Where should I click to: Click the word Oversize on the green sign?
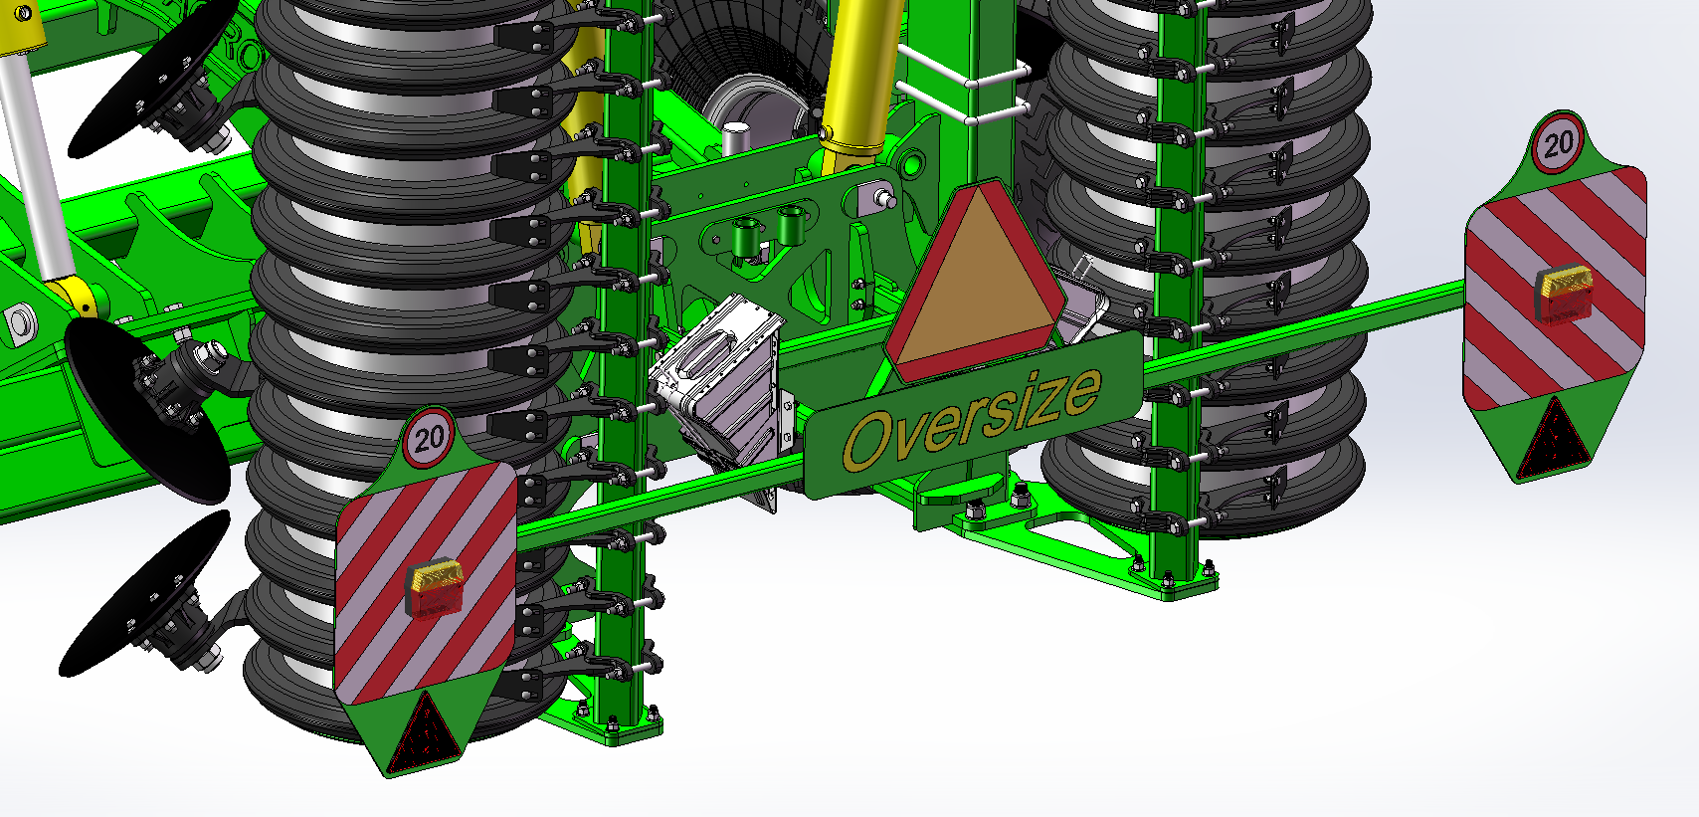[973, 418]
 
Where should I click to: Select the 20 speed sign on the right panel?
[1559, 142]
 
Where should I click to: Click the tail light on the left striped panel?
[435, 589]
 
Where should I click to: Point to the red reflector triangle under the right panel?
[1556, 439]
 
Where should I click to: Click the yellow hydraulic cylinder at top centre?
[862, 76]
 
